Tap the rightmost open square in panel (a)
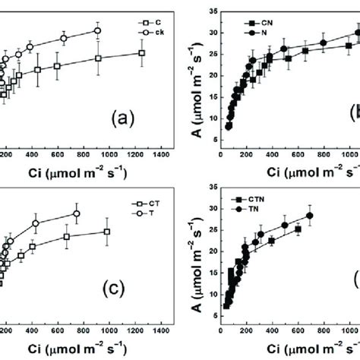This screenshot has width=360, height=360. coord(141,52)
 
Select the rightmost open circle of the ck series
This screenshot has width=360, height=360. coord(97,30)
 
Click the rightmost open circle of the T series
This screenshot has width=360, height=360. coord(76,213)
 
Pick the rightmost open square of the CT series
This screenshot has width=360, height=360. coord(107,232)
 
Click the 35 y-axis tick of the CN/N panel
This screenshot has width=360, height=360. coord(208,12)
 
